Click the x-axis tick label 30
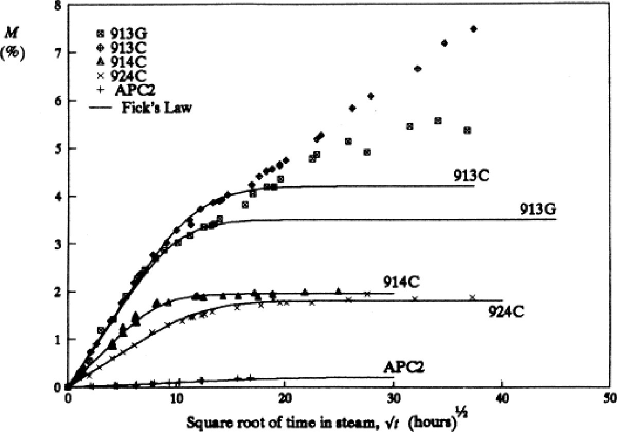(393, 398)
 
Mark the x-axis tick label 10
(176, 398)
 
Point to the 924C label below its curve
(505, 311)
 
